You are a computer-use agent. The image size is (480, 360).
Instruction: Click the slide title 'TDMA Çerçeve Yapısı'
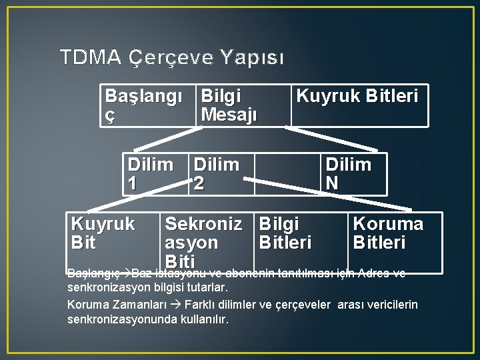coord(171,57)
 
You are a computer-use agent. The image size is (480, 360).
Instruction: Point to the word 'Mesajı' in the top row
coord(229,115)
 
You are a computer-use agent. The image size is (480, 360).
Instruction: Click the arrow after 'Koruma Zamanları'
coord(175,305)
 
